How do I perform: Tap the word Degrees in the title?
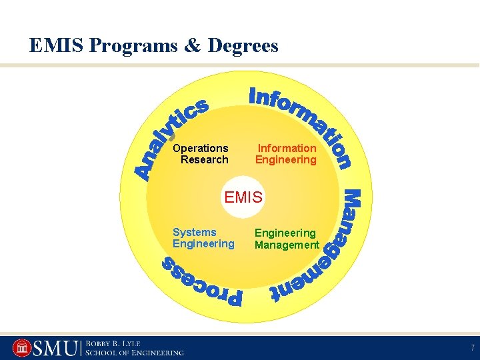(243, 46)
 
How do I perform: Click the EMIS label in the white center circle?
(244, 197)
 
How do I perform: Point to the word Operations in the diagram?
(200, 148)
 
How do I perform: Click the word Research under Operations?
(205, 160)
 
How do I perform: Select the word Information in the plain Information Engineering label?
(287, 148)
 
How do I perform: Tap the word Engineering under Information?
(286, 160)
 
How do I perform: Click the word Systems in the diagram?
(195, 232)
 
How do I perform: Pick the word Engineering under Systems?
(203, 244)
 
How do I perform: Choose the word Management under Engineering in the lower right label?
(287, 245)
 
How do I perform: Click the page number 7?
(471, 348)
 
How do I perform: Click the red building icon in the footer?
(21, 348)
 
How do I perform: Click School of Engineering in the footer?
(134, 353)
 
